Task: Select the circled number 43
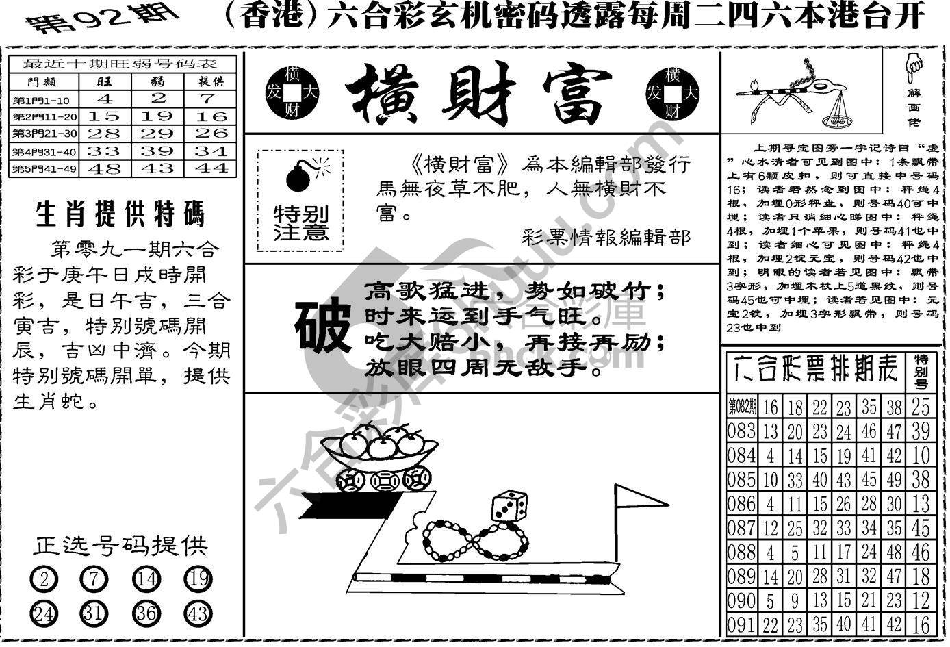coord(198,613)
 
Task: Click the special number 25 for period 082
coord(921,407)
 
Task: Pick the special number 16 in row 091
coord(921,624)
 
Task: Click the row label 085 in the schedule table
coord(741,479)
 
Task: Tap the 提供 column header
coord(211,81)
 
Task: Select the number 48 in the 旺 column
coord(104,168)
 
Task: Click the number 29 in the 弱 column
coord(158,133)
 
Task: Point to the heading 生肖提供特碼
coord(120,214)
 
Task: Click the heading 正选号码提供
coord(120,546)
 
